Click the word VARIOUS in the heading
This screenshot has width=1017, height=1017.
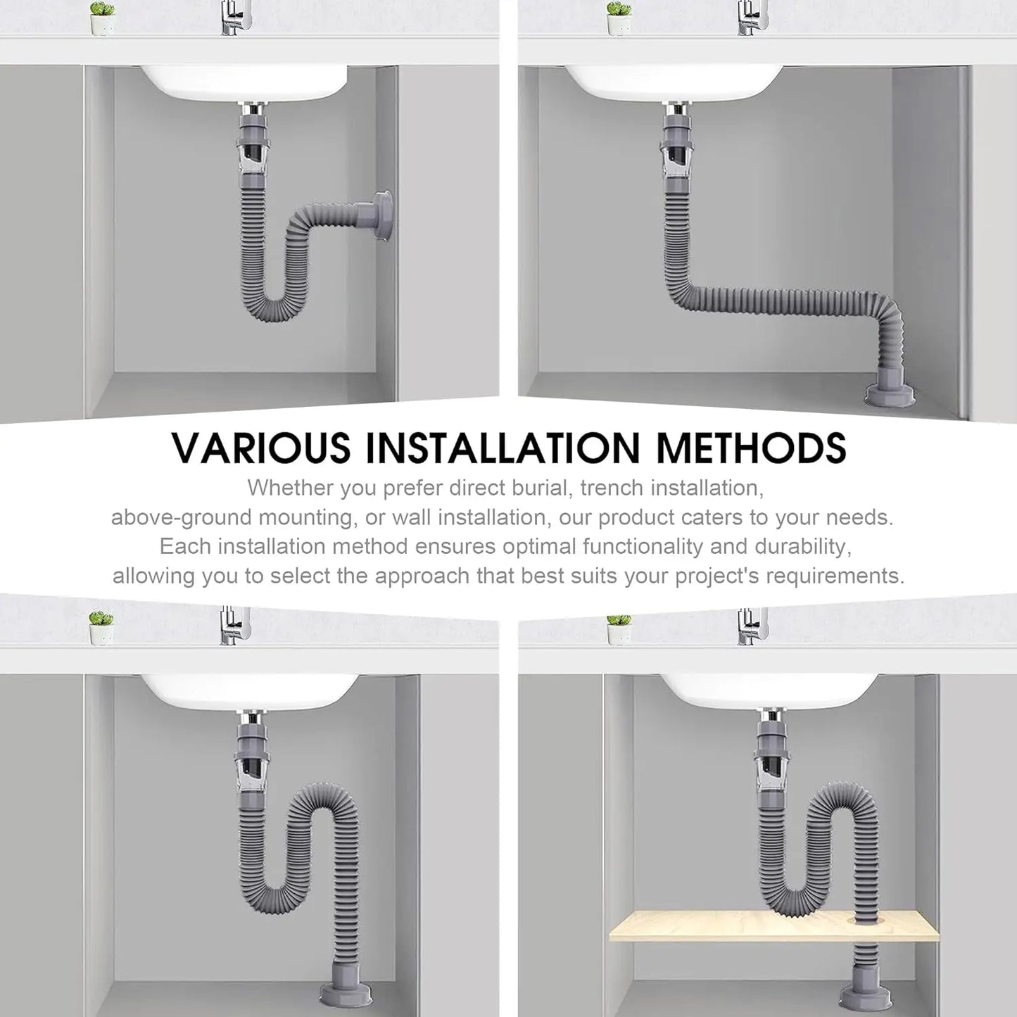click(x=261, y=448)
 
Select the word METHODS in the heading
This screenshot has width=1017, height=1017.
click(x=751, y=448)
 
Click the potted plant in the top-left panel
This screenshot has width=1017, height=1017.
click(x=102, y=18)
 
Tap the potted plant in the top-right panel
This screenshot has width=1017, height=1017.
click(x=619, y=18)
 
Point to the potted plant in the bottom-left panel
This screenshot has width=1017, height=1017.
click(x=101, y=628)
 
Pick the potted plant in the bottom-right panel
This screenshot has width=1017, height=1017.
click(x=619, y=628)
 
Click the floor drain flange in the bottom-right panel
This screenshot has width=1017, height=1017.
click(x=865, y=997)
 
